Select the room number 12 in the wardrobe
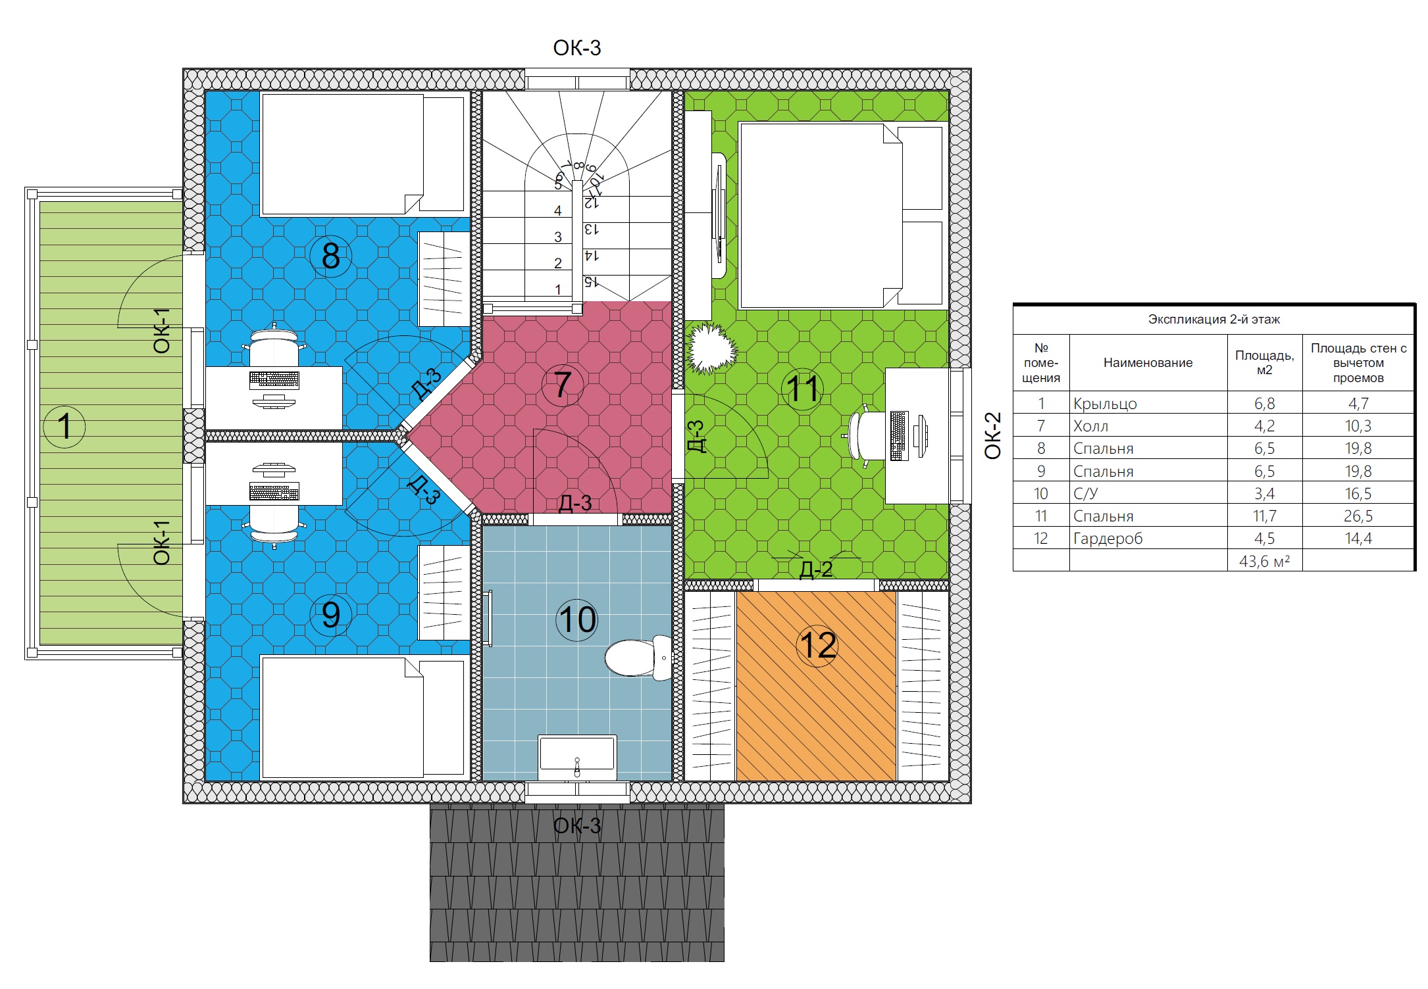pyautogui.click(x=817, y=646)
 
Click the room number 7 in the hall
pyautogui.click(x=562, y=385)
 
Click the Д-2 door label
pyautogui.click(x=816, y=569)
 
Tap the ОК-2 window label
pyautogui.click(x=992, y=435)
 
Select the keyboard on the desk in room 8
pyautogui.click(x=274, y=379)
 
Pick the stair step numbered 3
pyautogui.click(x=558, y=237)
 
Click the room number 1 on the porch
pyautogui.click(x=64, y=426)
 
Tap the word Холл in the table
pyautogui.click(x=1090, y=426)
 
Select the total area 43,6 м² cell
pyautogui.click(x=1264, y=561)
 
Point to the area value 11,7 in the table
pyautogui.click(x=1264, y=516)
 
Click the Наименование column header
pyautogui.click(x=1148, y=362)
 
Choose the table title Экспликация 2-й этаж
pyautogui.click(x=1214, y=320)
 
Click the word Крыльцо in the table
pyautogui.click(x=1105, y=404)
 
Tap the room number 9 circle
pyautogui.click(x=330, y=615)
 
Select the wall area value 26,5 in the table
pyautogui.click(x=1358, y=516)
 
